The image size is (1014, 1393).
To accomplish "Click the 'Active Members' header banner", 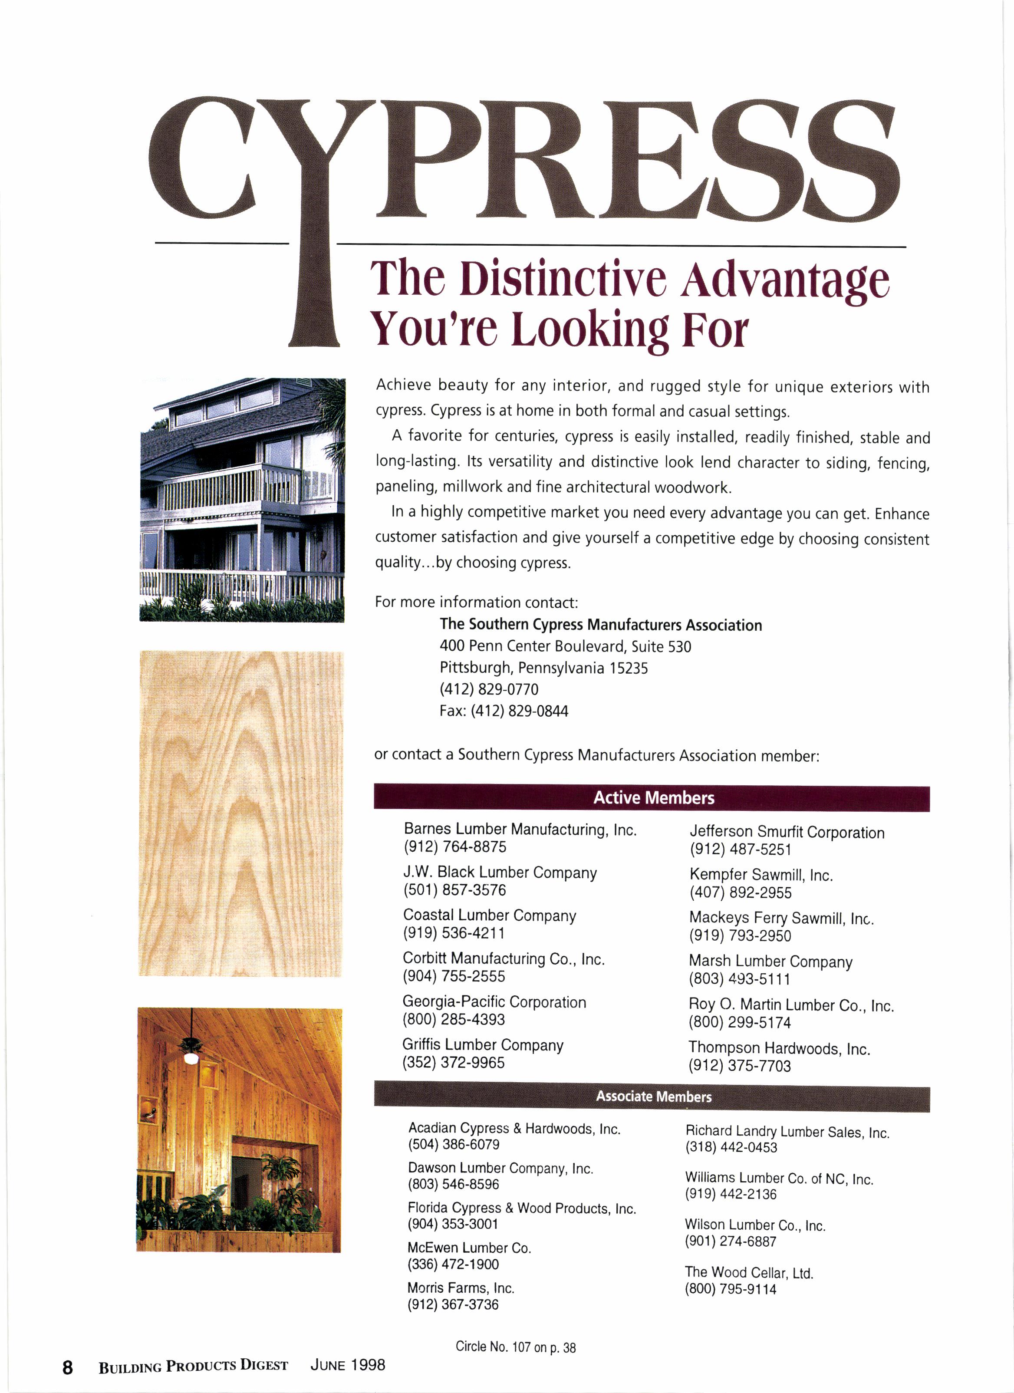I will point(653,798).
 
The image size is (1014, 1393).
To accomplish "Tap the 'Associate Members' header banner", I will point(653,1097).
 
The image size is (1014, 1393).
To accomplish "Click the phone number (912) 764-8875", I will point(454,847).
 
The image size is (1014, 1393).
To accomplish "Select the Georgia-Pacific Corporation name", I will point(494,1002).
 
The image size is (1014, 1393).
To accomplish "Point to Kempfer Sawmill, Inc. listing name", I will point(760,875).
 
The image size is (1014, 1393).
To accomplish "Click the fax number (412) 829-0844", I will point(519,711).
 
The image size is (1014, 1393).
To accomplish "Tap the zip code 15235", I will point(628,668).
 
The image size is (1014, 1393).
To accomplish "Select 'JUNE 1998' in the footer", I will point(348,1365).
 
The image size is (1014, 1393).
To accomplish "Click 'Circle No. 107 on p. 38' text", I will point(515,1347).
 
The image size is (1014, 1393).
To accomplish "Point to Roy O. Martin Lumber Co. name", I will point(790,1005).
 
